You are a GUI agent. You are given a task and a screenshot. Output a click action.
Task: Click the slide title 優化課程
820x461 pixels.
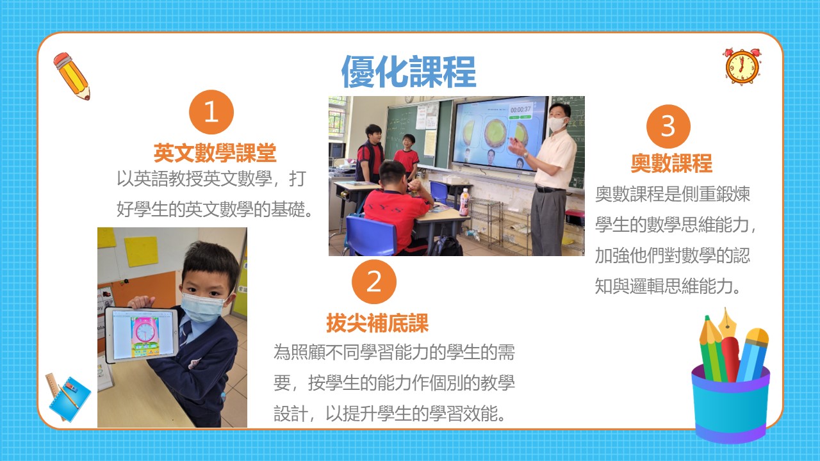[409, 72]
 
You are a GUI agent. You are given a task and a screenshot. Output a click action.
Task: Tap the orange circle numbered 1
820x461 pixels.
[211, 112]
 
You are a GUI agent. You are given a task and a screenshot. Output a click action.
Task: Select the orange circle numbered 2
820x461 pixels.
[373, 282]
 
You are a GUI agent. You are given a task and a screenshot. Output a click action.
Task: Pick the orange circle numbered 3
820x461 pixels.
[668, 127]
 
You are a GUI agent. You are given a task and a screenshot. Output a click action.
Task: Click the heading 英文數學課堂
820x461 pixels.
[215, 153]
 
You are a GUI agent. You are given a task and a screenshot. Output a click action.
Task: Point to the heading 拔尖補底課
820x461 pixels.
[377, 323]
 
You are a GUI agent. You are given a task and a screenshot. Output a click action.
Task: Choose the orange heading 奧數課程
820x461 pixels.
[671, 163]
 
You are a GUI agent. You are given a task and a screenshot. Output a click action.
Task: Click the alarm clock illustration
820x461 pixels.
[742, 67]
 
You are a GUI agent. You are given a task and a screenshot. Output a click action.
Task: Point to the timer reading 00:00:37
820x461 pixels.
[521, 109]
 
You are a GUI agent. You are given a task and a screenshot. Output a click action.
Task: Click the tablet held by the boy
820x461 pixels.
[142, 335]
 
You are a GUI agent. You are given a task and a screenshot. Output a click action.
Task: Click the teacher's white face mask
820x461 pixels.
[557, 124]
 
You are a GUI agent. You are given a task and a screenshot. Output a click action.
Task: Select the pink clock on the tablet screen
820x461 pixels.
[145, 332]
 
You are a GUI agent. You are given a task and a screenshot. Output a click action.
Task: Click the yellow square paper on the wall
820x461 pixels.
[141, 251]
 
